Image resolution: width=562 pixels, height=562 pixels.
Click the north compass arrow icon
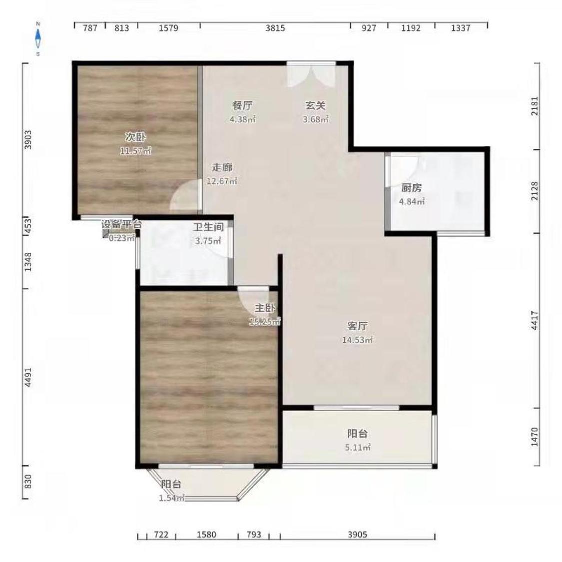tap(38, 38)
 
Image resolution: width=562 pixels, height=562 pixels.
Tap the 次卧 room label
tap(135, 137)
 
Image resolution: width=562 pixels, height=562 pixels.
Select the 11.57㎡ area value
tap(135, 151)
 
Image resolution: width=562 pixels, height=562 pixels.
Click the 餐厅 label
tap(242, 106)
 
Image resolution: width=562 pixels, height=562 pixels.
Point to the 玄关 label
tap(315, 106)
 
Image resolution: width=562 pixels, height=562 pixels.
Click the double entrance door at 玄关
tap(311, 74)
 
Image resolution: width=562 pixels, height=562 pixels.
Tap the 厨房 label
tap(412, 188)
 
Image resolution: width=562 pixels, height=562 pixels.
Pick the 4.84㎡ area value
tap(412, 201)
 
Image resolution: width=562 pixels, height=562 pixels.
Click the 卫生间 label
tap(209, 227)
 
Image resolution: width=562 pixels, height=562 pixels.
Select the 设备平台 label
tap(121, 225)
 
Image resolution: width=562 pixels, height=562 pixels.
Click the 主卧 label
tap(265, 308)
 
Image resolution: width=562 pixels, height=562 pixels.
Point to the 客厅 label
tap(357, 326)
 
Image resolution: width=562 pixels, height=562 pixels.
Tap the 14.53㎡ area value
tap(357, 340)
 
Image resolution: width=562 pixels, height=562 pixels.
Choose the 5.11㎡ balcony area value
tap(358, 447)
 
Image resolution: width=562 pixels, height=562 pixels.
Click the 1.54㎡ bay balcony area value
tap(172, 498)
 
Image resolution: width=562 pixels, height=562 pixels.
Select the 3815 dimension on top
tap(275, 28)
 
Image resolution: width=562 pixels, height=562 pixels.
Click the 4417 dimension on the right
tap(535, 320)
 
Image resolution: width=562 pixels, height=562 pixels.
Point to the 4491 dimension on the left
tap(28, 377)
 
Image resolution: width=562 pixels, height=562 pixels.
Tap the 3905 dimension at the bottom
tap(357, 535)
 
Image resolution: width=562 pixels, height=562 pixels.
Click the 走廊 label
tap(222, 167)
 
